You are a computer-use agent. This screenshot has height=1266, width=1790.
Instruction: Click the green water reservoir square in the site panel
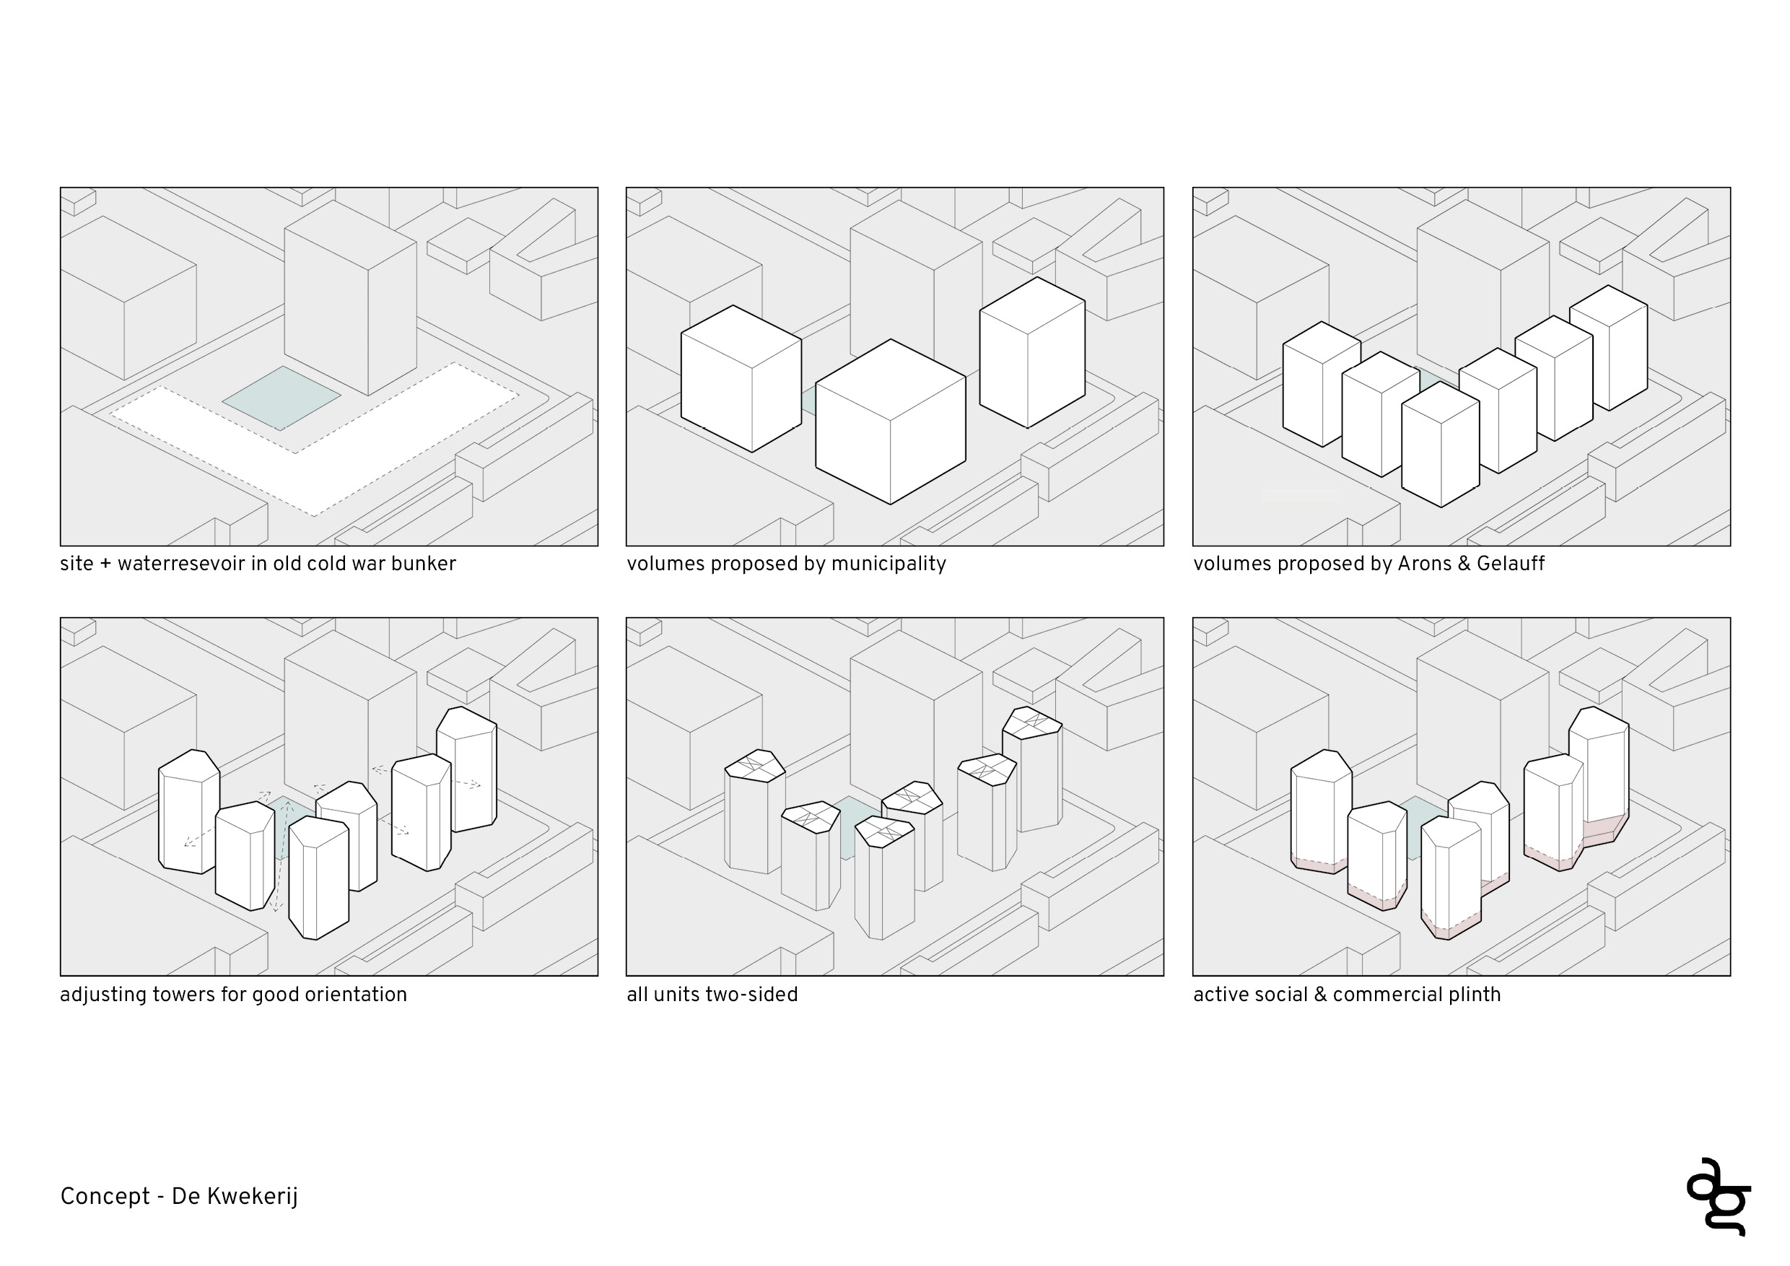281,398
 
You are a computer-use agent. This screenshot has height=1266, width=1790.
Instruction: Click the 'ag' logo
1720,1197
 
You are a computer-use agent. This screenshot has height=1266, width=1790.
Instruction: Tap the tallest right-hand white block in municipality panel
1031,354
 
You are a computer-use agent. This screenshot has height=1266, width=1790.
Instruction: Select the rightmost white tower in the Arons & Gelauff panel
1607,351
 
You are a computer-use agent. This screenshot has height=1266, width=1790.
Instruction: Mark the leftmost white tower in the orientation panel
187,815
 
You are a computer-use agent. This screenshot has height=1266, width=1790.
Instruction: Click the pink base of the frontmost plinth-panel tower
1450,930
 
